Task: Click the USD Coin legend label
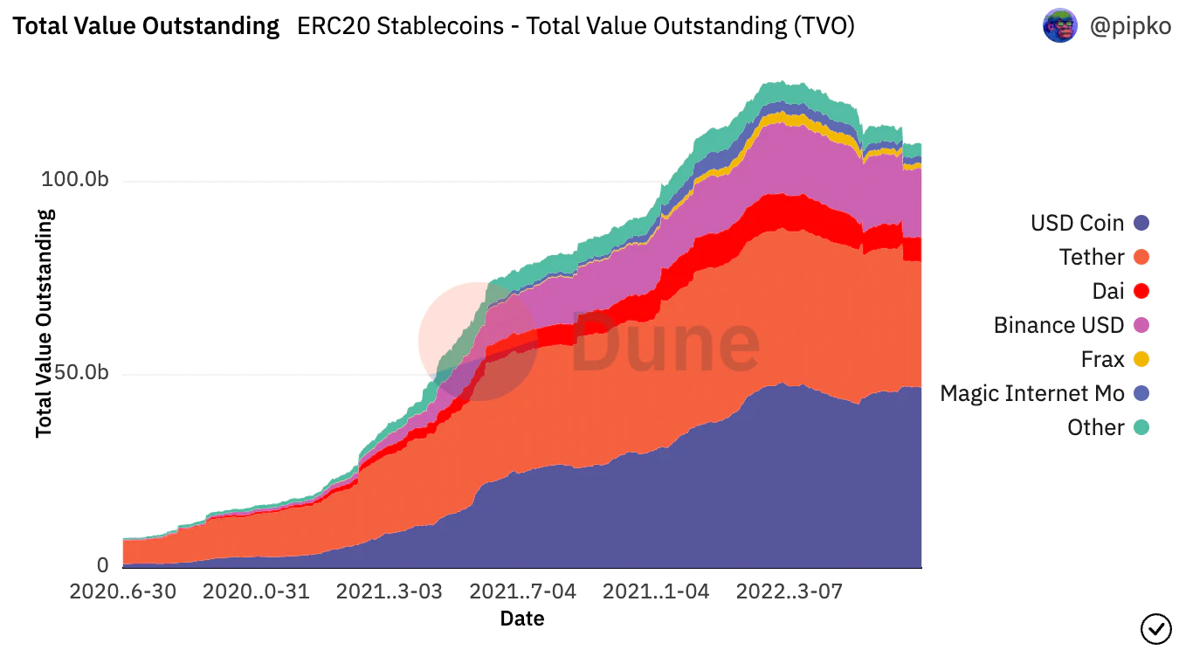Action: point(1077,223)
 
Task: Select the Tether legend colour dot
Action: point(1140,257)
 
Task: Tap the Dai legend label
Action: point(1107,291)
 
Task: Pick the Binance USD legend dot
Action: point(1140,325)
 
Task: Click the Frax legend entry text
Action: point(1102,359)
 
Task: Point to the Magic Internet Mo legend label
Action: point(1031,393)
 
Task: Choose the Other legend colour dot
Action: point(1140,427)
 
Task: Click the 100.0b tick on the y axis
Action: point(74,181)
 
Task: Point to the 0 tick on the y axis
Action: point(102,565)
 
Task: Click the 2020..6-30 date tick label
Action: point(123,591)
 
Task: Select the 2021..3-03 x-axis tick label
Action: point(390,591)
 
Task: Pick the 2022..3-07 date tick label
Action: point(789,591)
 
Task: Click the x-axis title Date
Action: point(522,619)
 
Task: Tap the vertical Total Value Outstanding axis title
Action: point(45,323)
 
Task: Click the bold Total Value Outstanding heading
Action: point(146,26)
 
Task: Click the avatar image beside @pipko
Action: point(1060,26)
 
